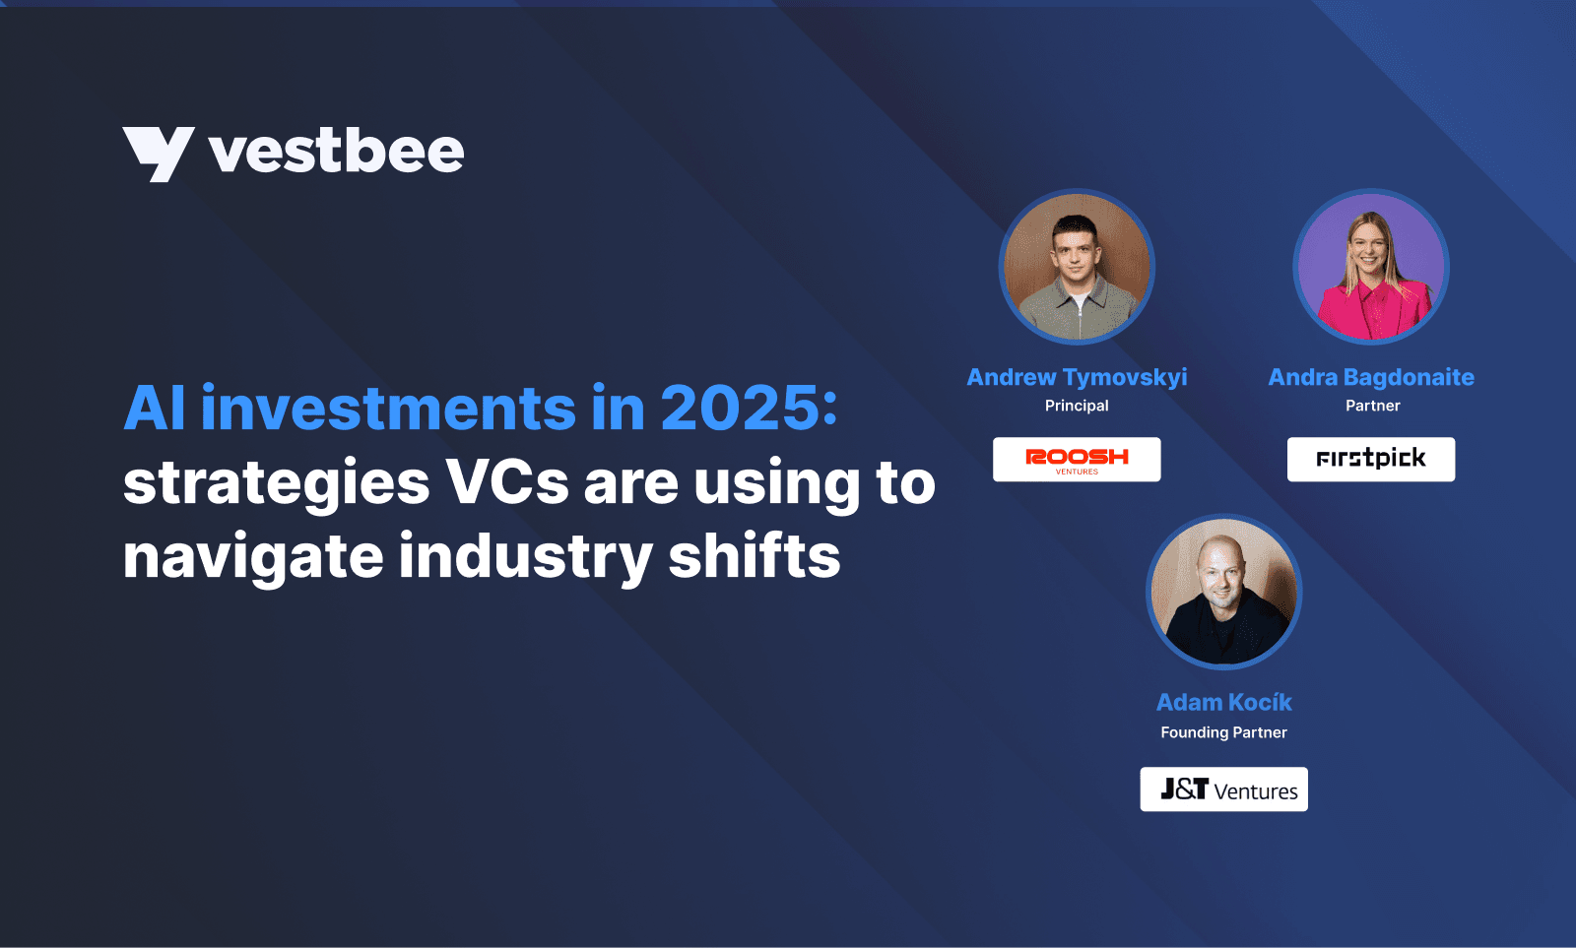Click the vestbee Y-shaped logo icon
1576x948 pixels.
159,154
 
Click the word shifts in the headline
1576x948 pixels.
755,554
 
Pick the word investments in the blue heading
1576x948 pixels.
388,408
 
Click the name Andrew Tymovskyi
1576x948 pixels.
1078,378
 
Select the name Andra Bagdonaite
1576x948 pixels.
1371,378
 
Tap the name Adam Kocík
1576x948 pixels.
1224,702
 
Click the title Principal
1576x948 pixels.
1077,406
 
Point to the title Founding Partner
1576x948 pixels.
1224,732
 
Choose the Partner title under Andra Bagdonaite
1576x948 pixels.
1373,406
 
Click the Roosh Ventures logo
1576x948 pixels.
1078,459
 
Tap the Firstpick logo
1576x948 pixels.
1371,459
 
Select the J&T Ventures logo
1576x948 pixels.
1224,790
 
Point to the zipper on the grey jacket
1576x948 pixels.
1080,315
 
